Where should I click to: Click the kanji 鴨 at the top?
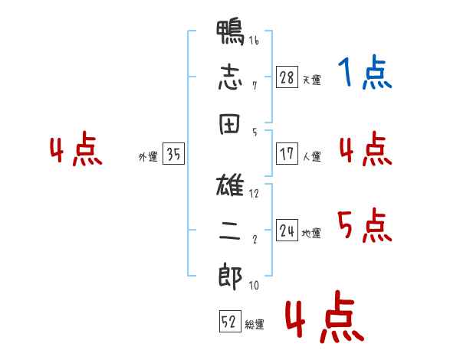click(231, 34)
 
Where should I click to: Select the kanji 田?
click(231, 122)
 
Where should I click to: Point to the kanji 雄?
click(231, 186)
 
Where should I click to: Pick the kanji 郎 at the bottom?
click(231, 276)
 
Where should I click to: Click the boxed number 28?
click(287, 77)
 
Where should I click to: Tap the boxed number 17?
click(287, 154)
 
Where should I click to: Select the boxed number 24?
click(287, 231)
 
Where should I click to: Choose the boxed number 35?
click(173, 155)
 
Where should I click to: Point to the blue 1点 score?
click(364, 74)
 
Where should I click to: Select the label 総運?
click(255, 325)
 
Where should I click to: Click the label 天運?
click(311, 80)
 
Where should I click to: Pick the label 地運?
click(311, 233)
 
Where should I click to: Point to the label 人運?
click(311, 156)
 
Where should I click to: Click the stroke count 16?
click(254, 41)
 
